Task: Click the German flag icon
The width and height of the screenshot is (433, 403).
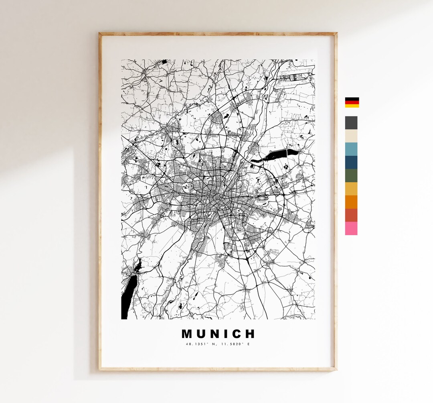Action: (x=352, y=102)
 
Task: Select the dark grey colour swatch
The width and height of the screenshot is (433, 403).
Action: (x=351, y=122)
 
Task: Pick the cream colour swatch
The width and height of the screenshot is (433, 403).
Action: (x=351, y=136)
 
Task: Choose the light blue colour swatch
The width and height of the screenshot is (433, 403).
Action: (x=351, y=149)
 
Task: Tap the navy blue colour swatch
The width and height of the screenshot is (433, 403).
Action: (x=351, y=162)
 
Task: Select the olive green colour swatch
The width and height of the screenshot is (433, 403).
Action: (x=351, y=175)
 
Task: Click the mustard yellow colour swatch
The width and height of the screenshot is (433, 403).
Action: (x=351, y=189)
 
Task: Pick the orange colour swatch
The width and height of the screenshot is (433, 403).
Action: (x=351, y=202)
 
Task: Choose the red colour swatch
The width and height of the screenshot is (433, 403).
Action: (x=351, y=215)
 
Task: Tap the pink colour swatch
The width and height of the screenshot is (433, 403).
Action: (x=351, y=228)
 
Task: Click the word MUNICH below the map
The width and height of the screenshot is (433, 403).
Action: (x=218, y=334)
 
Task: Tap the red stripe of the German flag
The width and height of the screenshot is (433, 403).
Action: (x=352, y=102)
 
